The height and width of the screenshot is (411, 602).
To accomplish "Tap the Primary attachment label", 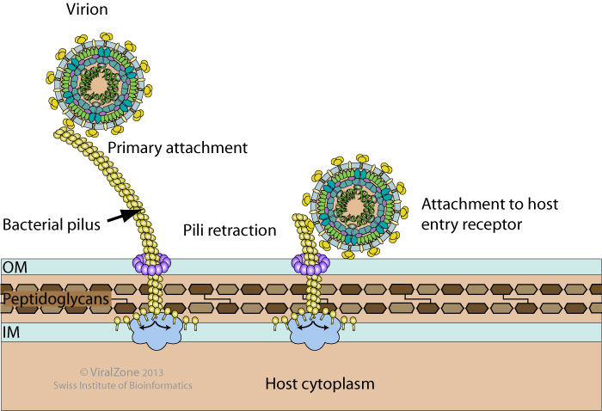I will coord(177,147).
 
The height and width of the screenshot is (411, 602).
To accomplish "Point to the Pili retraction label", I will coord(230,230).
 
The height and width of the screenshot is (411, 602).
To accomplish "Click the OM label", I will coord(15,267).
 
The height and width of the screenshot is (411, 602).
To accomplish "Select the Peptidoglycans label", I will coord(50,299).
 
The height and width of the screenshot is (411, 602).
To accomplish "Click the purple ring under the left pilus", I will coord(150,261).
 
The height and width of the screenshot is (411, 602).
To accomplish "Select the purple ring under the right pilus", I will coord(308,261).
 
